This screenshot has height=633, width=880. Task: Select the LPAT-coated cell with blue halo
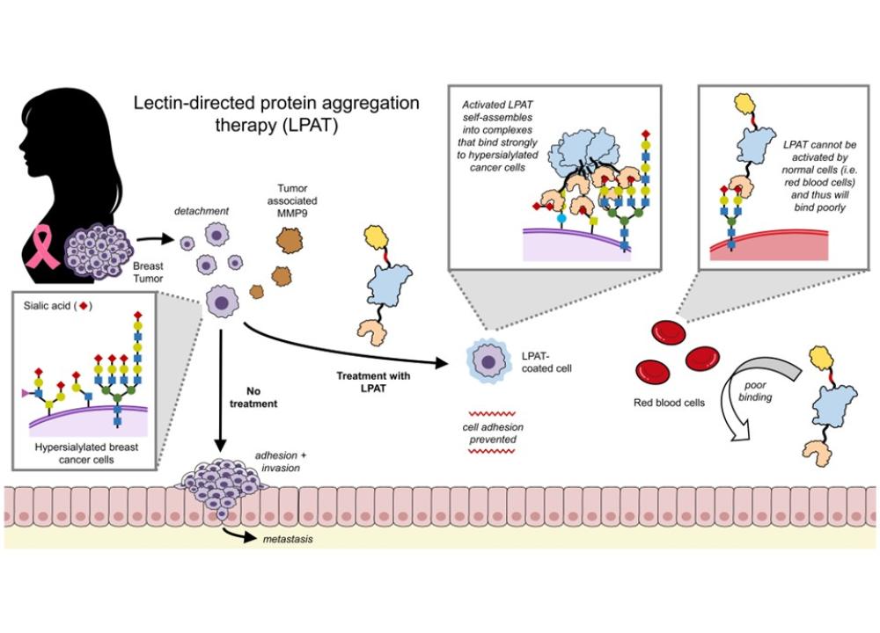485,360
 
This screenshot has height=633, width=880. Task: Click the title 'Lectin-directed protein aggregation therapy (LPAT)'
275,113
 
